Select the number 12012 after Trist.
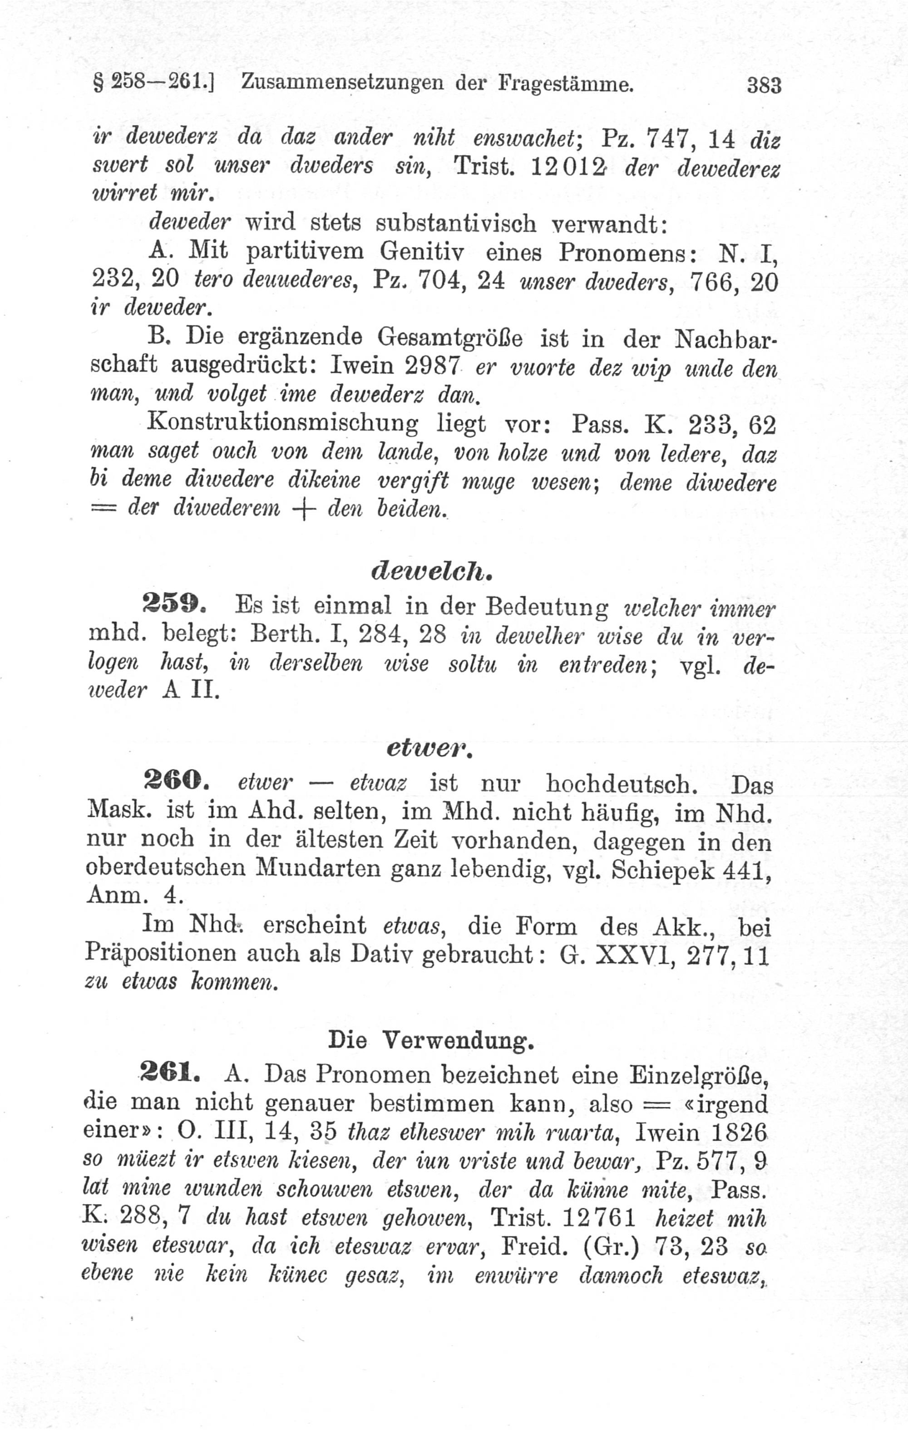click(x=567, y=167)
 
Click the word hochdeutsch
click(x=622, y=784)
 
